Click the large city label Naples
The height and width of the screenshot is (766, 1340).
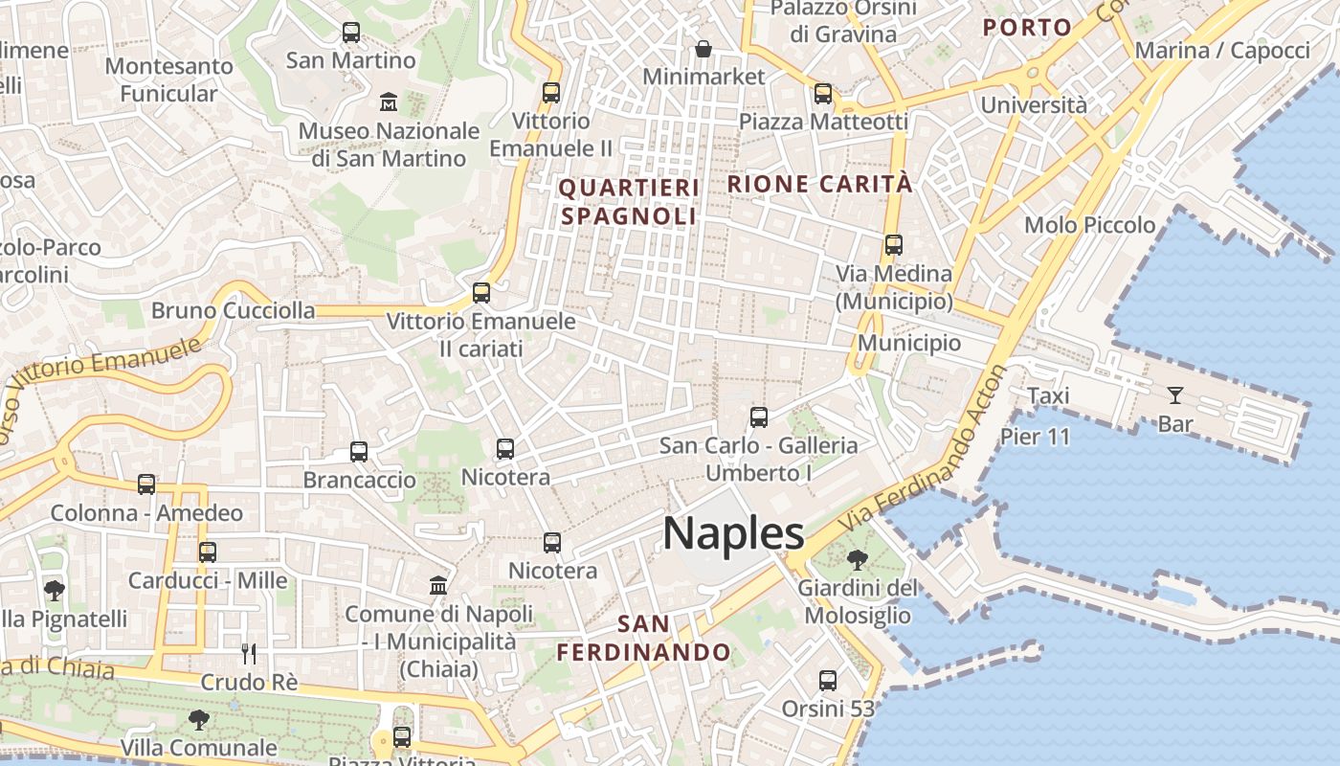[733, 533]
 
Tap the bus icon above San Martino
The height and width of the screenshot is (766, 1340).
[351, 33]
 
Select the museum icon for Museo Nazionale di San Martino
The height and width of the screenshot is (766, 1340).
[389, 101]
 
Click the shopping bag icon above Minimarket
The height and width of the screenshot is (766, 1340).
[703, 48]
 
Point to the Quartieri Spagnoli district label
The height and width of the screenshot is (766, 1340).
[629, 201]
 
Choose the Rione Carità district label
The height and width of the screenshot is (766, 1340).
[820, 184]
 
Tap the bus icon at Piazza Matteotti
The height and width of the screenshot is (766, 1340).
[823, 94]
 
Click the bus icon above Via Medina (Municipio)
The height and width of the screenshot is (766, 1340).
[894, 245]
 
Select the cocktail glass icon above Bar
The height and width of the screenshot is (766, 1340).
[1174, 394]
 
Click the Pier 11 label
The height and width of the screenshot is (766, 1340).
[1035, 437]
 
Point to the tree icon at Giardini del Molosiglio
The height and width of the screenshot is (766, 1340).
[858, 560]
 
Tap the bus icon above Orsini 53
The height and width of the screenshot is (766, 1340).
[828, 681]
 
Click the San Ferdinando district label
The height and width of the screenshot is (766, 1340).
[643, 639]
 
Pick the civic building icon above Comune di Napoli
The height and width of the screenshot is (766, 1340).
[438, 585]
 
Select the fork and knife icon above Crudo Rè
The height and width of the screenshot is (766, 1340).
[249, 654]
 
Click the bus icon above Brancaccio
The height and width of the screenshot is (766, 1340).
[359, 452]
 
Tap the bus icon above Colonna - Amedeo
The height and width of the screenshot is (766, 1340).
[146, 484]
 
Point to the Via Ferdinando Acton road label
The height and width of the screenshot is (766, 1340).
[924, 450]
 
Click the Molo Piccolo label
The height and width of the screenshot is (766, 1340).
[1089, 225]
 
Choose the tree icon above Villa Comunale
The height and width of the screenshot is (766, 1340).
[199, 719]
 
